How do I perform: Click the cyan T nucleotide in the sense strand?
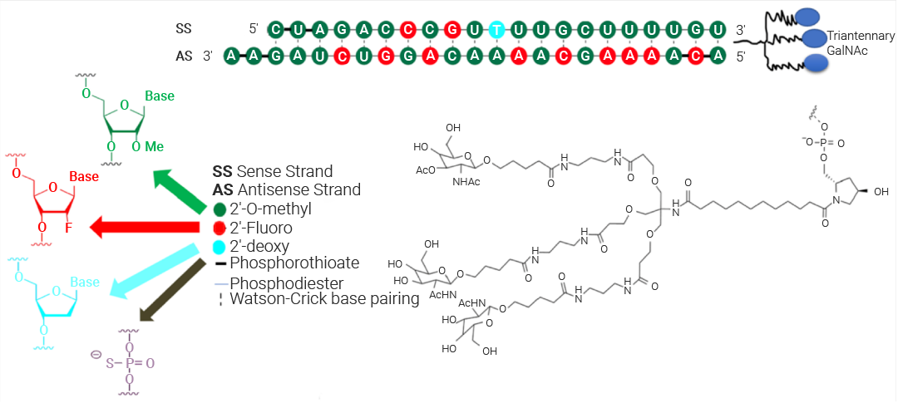click(496, 29)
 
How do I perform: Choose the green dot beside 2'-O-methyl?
click(220, 209)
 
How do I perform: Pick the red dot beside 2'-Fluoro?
click(220, 228)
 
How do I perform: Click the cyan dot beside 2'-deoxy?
click(220, 246)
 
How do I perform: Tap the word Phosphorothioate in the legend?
click(294, 263)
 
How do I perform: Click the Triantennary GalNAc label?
click(860, 44)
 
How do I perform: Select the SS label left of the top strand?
click(184, 29)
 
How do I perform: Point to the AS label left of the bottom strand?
click(184, 57)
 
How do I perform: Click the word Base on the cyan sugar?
click(85, 283)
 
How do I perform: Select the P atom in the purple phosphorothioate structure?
click(130, 362)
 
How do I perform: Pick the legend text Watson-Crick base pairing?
click(325, 299)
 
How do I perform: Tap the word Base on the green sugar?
click(160, 96)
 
